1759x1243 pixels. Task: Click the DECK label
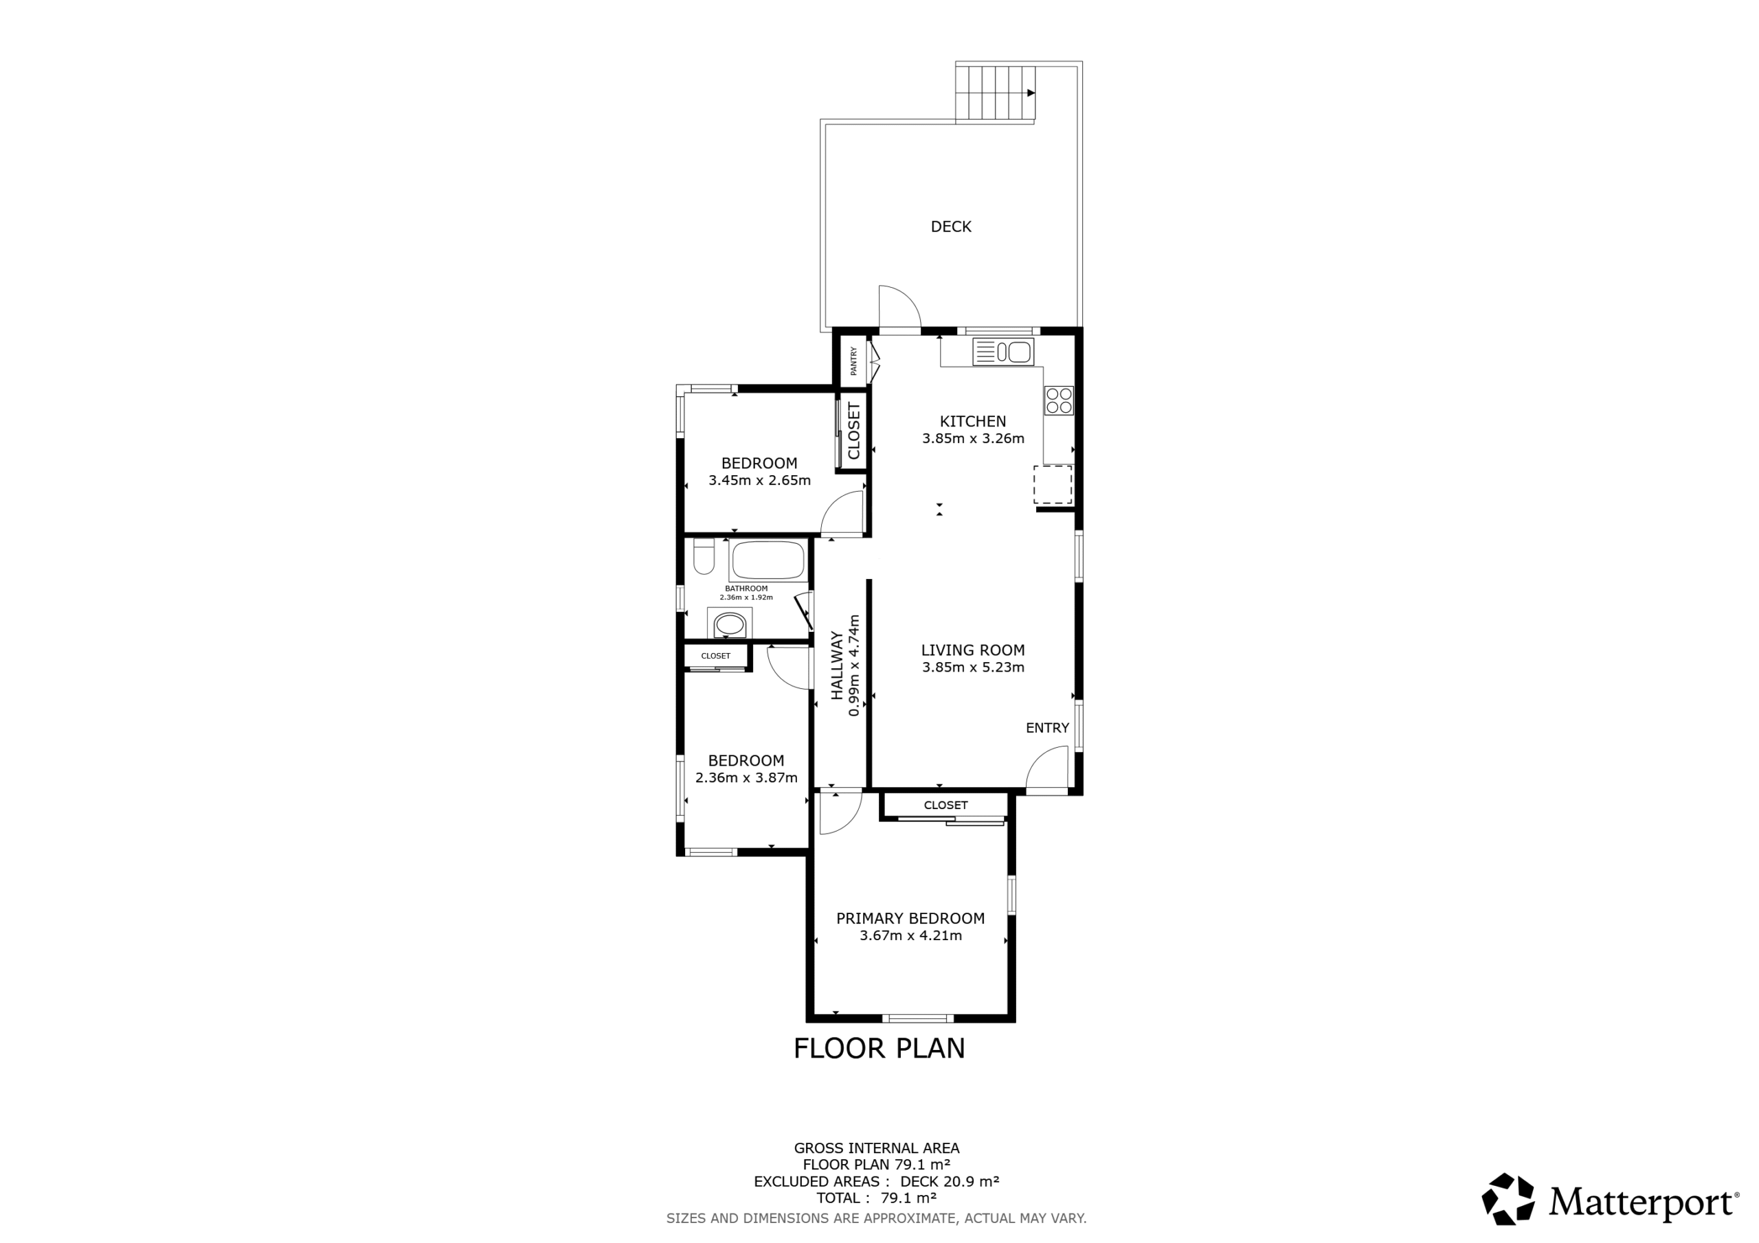[951, 227]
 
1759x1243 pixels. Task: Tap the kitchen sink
[1003, 352]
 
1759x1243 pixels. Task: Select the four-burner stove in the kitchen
[1059, 400]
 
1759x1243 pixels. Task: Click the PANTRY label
[853, 361]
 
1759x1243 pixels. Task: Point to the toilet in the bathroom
[704, 556]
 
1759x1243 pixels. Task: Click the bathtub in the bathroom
[768, 560]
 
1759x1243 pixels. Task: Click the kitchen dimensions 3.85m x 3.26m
[973, 439]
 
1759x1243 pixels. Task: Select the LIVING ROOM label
[973, 650]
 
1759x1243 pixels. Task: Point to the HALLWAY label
[838, 665]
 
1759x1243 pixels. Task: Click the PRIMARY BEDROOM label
[910, 918]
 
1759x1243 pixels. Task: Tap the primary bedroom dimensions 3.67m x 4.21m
[910, 936]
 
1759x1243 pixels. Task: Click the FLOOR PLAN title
[879, 1049]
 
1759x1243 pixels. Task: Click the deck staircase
[995, 93]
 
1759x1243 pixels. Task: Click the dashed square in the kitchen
[1053, 485]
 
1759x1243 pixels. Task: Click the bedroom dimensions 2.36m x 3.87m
[746, 778]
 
